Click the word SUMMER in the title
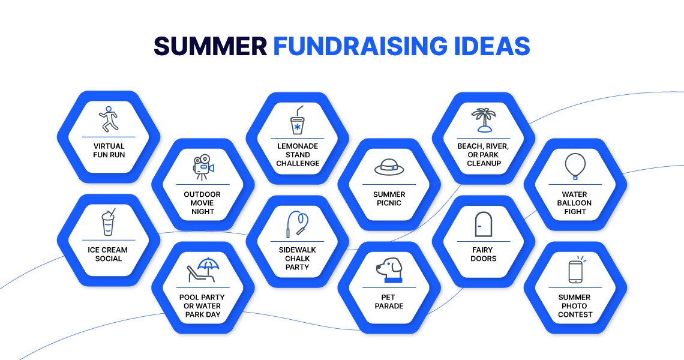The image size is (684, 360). click(x=209, y=46)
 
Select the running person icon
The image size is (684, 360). click(x=109, y=119)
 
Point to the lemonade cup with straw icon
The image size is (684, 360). click(x=297, y=120)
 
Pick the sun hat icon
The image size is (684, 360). click(x=389, y=167)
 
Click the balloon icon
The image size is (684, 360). click(x=575, y=166)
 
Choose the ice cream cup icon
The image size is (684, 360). click(x=108, y=223)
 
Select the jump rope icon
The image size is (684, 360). click(x=297, y=224)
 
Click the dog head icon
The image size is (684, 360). click(x=389, y=270)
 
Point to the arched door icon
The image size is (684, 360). click(x=483, y=224)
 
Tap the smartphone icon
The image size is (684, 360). click(x=575, y=271)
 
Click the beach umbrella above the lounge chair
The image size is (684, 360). click(x=208, y=264)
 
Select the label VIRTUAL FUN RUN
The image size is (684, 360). click(x=109, y=151)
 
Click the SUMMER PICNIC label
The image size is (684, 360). click(x=389, y=199)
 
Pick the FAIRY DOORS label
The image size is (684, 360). click(x=483, y=254)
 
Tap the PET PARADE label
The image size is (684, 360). click(x=389, y=302)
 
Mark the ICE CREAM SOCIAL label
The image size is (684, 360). click(x=109, y=254)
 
